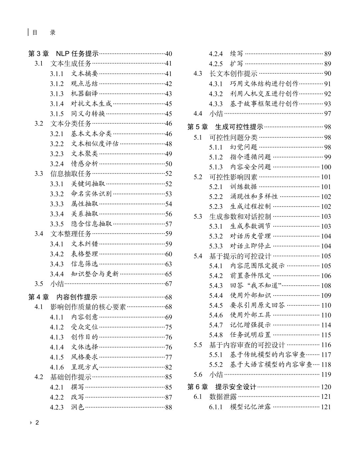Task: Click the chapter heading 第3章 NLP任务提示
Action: pyautogui.click(x=64, y=54)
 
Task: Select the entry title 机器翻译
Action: pyautogui.click(x=85, y=94)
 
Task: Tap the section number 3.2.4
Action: pyautogui.click(x=57, y=164)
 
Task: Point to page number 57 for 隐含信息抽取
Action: pyautogui.click(x=168, y=224)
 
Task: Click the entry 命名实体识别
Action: pyautogui.click(x=91, y=194)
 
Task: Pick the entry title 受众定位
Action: pyautogui.click(x=85, y=327)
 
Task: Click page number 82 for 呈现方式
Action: pyautogui.click(x=168, y=367)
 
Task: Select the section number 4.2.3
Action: pyautogui.click(x=57, y=407)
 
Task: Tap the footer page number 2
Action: pyautogui.click(x=37, y=423)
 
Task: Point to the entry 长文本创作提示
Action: pyautogui.click(x=233, y=73)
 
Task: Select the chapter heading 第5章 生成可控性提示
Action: pyautogui.click(x=225, y=127)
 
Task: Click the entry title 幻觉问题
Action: pyautogui.click(x=244, y=147)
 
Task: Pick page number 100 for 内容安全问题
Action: pyautogui.click(x=326, y=167)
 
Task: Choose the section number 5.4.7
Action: pyautogui.click(x=216, y=325)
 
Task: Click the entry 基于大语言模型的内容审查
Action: pyautogui.click(x=271, y=365)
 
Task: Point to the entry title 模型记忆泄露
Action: pyautogui.click(x=250, y=407)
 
